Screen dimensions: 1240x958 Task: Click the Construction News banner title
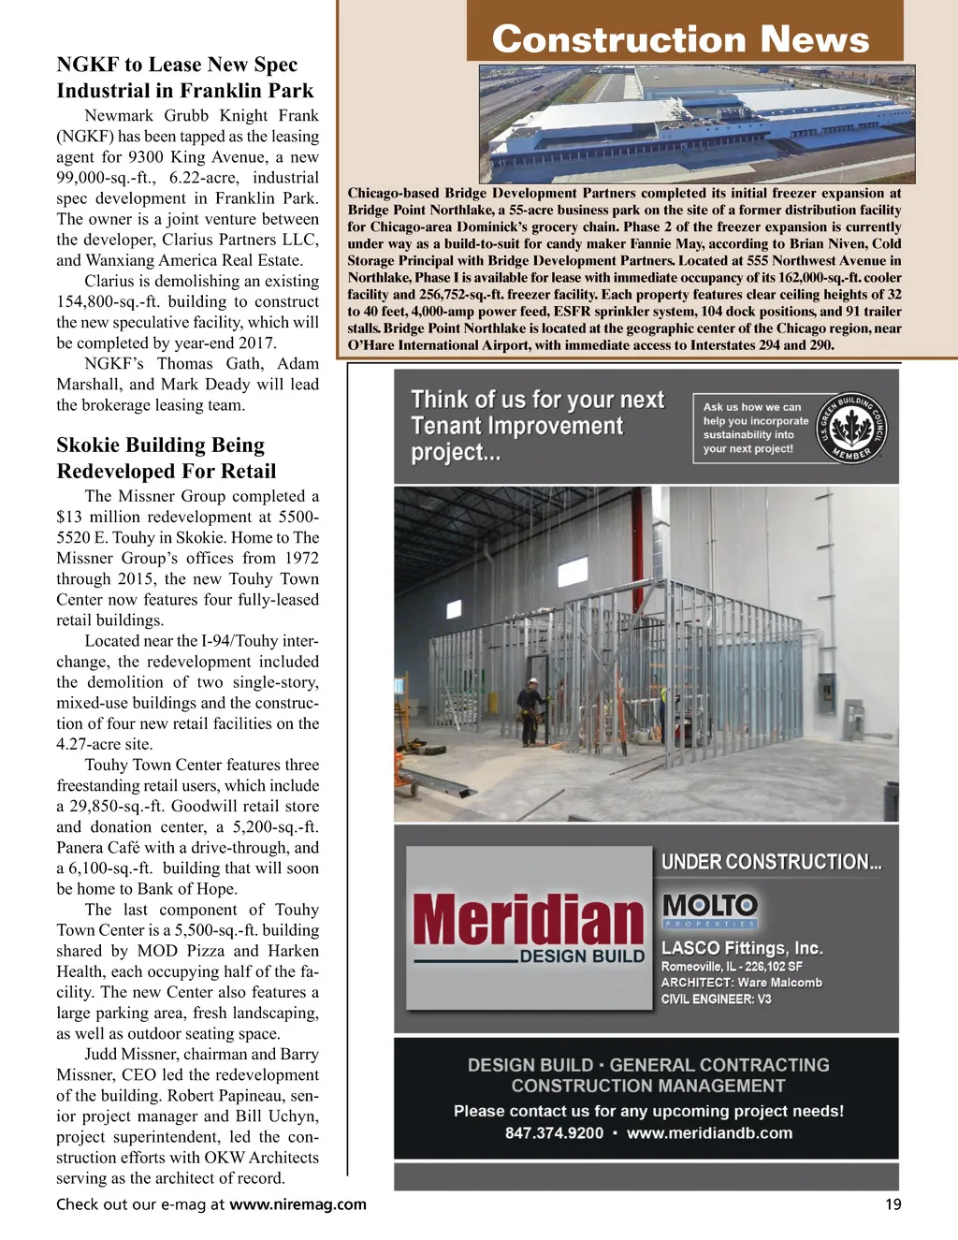[x=680, y=39]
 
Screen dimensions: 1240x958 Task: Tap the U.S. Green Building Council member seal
[x=851, y=429]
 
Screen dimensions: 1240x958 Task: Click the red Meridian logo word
[x=529, y=920]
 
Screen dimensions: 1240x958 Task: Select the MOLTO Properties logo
[x=710, y=909]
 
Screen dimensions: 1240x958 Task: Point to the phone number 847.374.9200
[x=554, y=1133]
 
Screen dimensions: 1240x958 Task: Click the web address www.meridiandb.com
[x=709, y=1133]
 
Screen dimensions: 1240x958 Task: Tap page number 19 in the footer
[x=893, y=1204]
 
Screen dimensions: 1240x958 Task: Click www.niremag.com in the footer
[x=298, y=1204]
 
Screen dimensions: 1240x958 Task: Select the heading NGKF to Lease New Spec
[x=177, y=65]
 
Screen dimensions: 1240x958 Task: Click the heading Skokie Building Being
[x=160, y=445]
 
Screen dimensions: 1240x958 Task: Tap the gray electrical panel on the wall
[x=853, y=722]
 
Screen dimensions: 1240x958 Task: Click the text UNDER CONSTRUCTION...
[x=771, y=862]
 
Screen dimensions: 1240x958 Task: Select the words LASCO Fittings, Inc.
[x=742, y=948]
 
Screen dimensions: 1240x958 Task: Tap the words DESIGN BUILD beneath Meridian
[x=582, y=956]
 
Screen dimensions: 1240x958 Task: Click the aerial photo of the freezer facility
[x=696, y=124]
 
